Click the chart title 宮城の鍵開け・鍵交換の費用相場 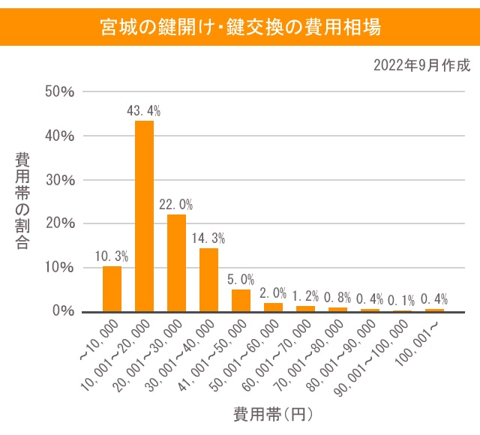[240, 27]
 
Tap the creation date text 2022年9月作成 [421, 66]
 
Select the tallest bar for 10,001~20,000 [144, 216]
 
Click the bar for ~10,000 [112, 289]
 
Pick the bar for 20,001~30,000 [176, 262]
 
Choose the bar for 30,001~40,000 [208, 280]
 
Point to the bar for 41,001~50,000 [241, 300]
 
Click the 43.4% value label [144, 111]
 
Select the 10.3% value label [112, 256]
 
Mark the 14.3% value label [208, 238]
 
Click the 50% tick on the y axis [58, 92]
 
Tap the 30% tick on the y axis [58, 180]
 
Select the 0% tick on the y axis [61, 311]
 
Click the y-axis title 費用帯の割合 [22, 201]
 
